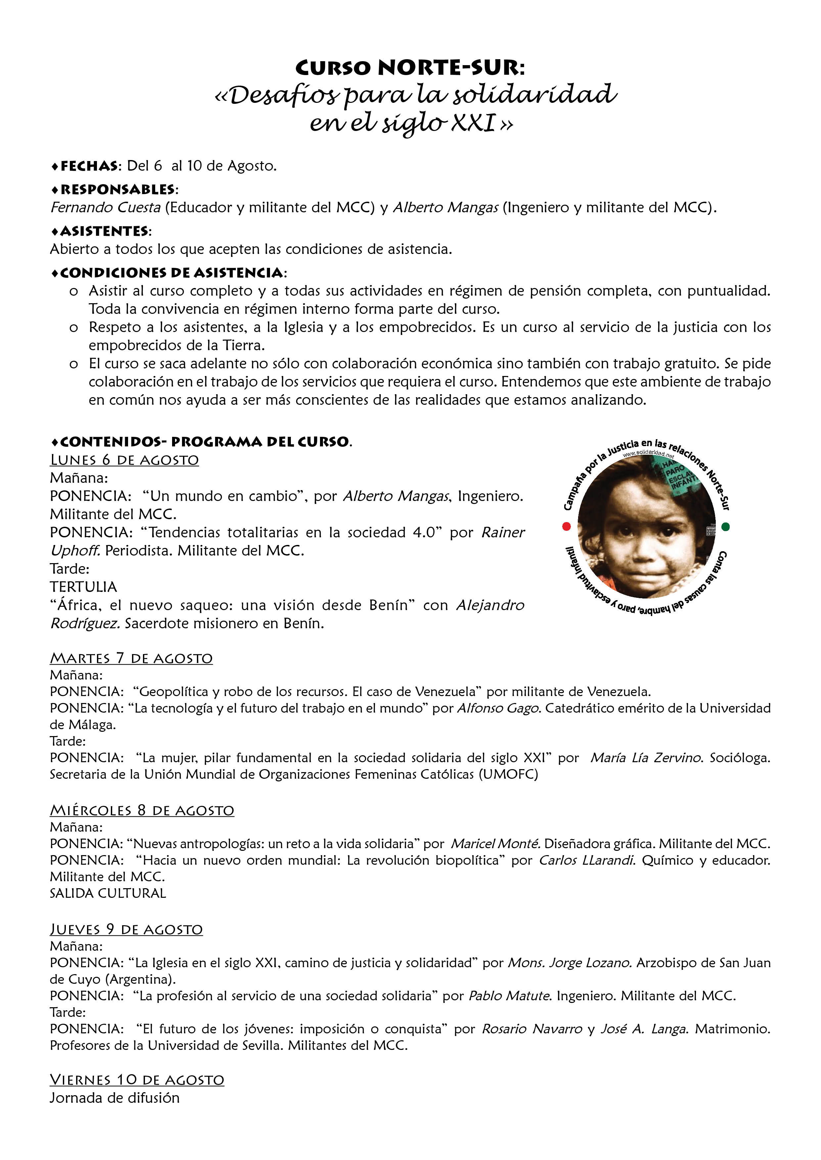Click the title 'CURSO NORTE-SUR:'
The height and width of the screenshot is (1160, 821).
pos(410,67)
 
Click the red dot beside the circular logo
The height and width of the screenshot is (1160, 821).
pos(566,526)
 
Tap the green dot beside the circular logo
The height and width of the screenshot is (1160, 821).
pos(726,527)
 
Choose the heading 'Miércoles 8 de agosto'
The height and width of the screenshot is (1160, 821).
pos(142,810)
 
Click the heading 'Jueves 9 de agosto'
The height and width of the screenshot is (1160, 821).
pos(126,930)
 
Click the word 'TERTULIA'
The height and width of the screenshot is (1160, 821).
pos(83,587)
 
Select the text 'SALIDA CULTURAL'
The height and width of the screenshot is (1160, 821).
pos(108,893)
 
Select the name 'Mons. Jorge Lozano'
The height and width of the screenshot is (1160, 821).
pos(570,963)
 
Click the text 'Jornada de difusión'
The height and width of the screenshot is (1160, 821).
pos(114,1098)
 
